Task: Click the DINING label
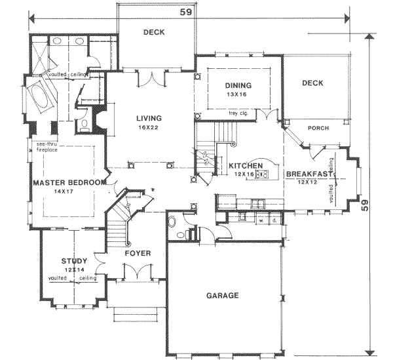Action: pos(238,85)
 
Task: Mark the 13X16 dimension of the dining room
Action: pos(238,94)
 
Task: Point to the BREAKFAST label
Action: pos(309,174)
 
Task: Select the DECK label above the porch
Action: pos(314,83)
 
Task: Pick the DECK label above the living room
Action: pos(154,32)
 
